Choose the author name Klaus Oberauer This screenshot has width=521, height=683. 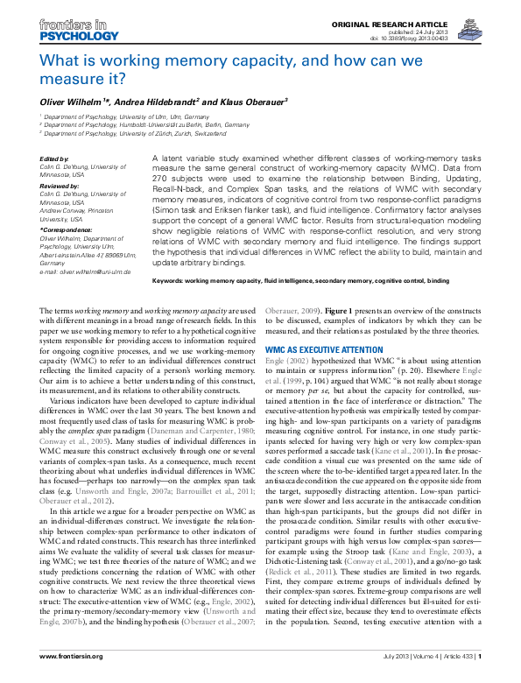(250, 101)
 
